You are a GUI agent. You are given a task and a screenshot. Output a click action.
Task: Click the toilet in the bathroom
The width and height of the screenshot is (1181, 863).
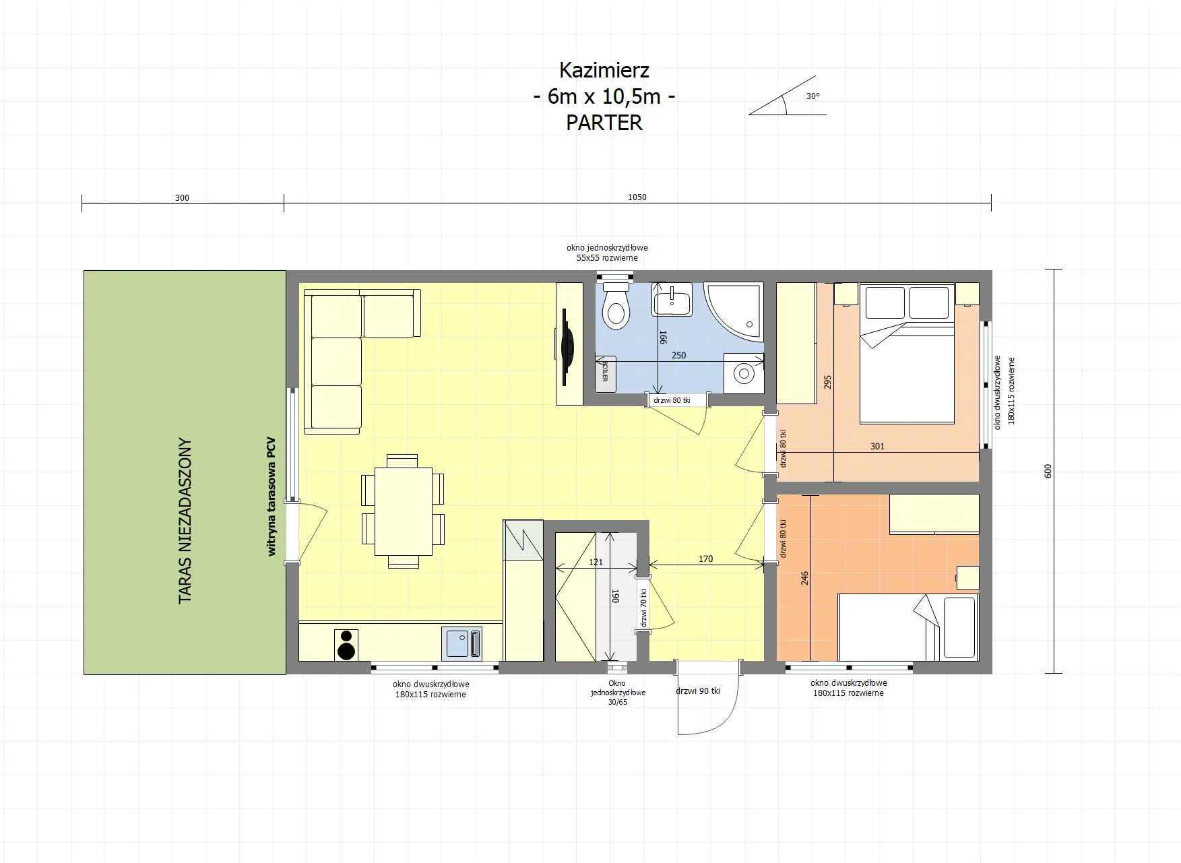click(615, 307)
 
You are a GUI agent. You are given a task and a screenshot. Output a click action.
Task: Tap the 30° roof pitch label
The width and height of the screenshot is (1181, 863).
click(813, 96)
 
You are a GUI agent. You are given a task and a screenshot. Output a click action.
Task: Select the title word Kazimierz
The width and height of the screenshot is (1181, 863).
click(604, 70)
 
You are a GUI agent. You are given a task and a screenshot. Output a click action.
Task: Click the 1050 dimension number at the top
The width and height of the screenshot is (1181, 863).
click(637, 197)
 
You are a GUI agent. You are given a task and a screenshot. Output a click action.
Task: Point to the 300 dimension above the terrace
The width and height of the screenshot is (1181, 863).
click(182, 198)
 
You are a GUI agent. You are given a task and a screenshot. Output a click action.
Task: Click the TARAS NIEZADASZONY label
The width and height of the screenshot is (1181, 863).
click(185, 521)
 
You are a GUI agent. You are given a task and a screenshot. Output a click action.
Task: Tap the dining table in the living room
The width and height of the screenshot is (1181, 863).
click(403, 511)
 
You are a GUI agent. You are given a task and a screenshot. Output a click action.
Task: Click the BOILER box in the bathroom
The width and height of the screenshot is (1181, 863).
click(605, 373)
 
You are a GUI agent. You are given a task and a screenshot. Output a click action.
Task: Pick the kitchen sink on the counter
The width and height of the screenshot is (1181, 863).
click(462, 644)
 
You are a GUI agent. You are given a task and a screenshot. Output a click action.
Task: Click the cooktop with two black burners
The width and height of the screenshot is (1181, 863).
click(346, 645)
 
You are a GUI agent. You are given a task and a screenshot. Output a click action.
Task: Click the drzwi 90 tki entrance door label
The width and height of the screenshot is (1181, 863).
click(698, 691)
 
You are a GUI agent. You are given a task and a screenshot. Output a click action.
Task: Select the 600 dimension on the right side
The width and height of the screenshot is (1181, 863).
click(1048, 471)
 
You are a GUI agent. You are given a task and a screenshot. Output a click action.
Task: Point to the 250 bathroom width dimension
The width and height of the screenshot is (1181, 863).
click(678, 355)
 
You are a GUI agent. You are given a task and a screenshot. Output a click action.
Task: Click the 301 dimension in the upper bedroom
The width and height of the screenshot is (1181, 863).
click(877, 446)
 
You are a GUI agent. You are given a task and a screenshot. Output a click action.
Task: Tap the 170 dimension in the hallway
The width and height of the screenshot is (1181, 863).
click(705, 558)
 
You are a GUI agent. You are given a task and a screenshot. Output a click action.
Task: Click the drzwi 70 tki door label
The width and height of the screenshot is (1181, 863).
click(643, 608)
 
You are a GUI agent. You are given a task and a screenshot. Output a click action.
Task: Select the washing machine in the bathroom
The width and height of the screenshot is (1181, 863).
click(744, 374)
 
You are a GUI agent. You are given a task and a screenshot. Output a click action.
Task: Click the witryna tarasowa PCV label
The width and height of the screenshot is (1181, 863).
click(272, 497)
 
